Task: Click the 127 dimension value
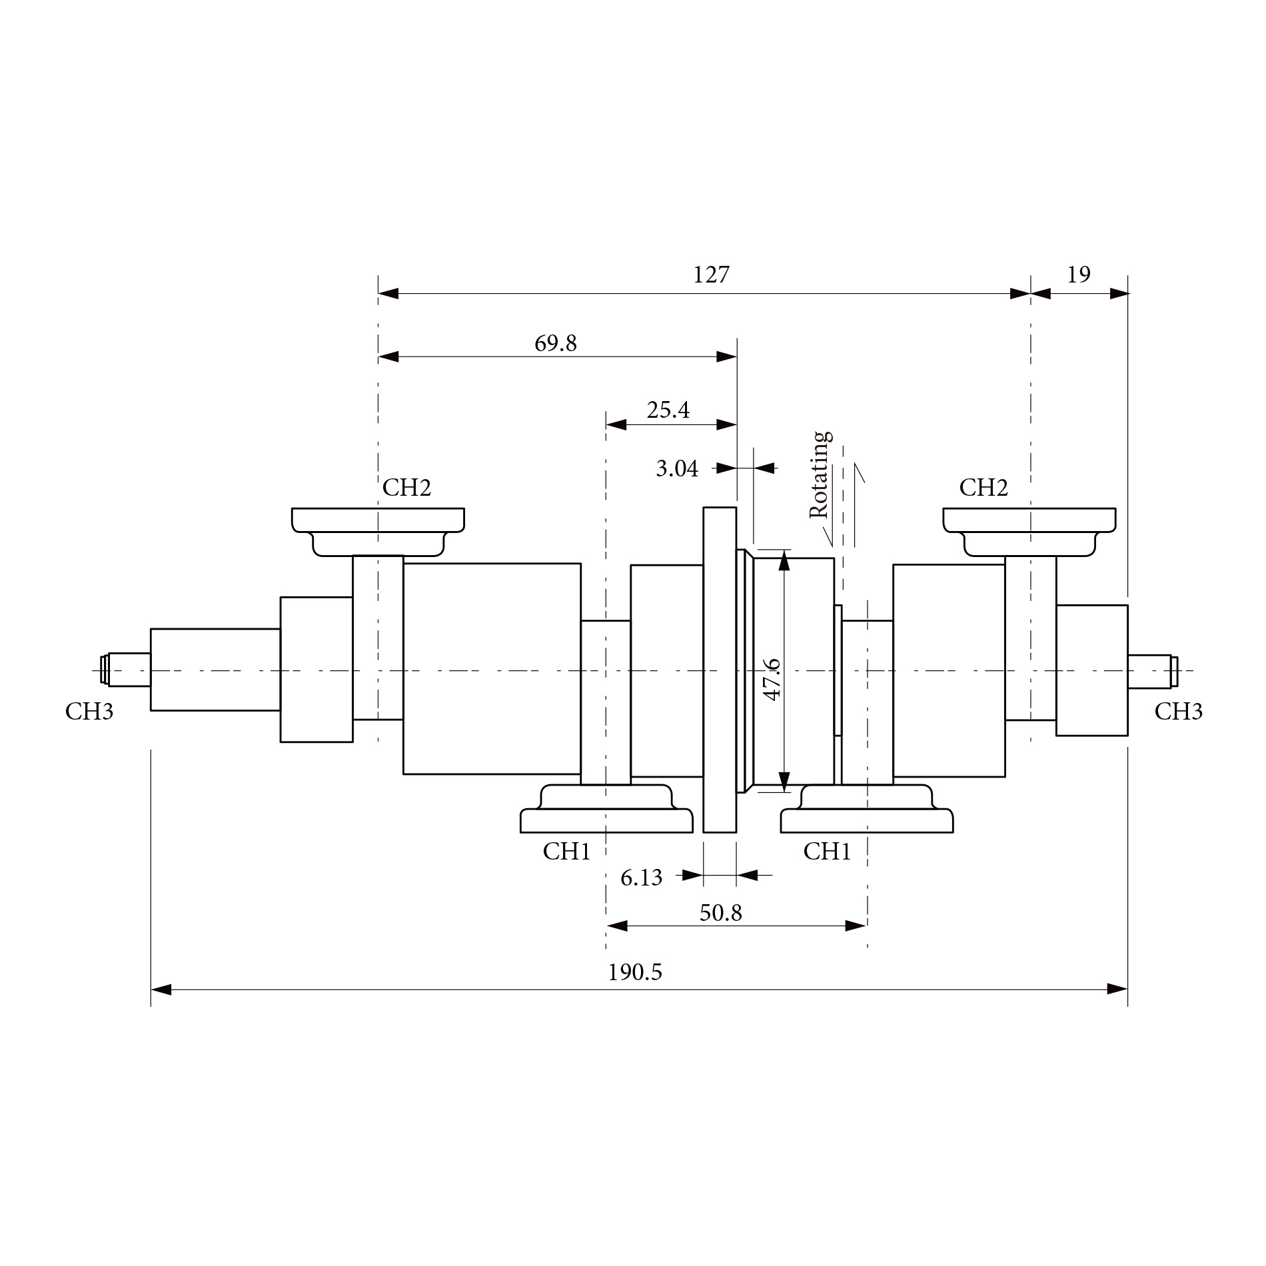711,275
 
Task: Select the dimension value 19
1079,275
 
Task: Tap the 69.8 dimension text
555,343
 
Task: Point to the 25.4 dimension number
668,410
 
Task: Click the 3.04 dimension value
676,468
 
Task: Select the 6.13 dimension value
641,878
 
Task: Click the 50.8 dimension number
720,912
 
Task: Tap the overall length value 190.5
634,972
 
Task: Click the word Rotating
820,474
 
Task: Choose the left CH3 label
89,712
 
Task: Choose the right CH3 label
1178,712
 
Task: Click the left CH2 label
406,488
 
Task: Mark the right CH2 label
983,488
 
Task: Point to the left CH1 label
566,851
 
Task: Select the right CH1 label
827,851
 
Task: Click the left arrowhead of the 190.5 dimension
161,989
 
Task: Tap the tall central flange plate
720,670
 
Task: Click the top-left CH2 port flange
378,520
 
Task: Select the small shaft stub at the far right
1150,671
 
